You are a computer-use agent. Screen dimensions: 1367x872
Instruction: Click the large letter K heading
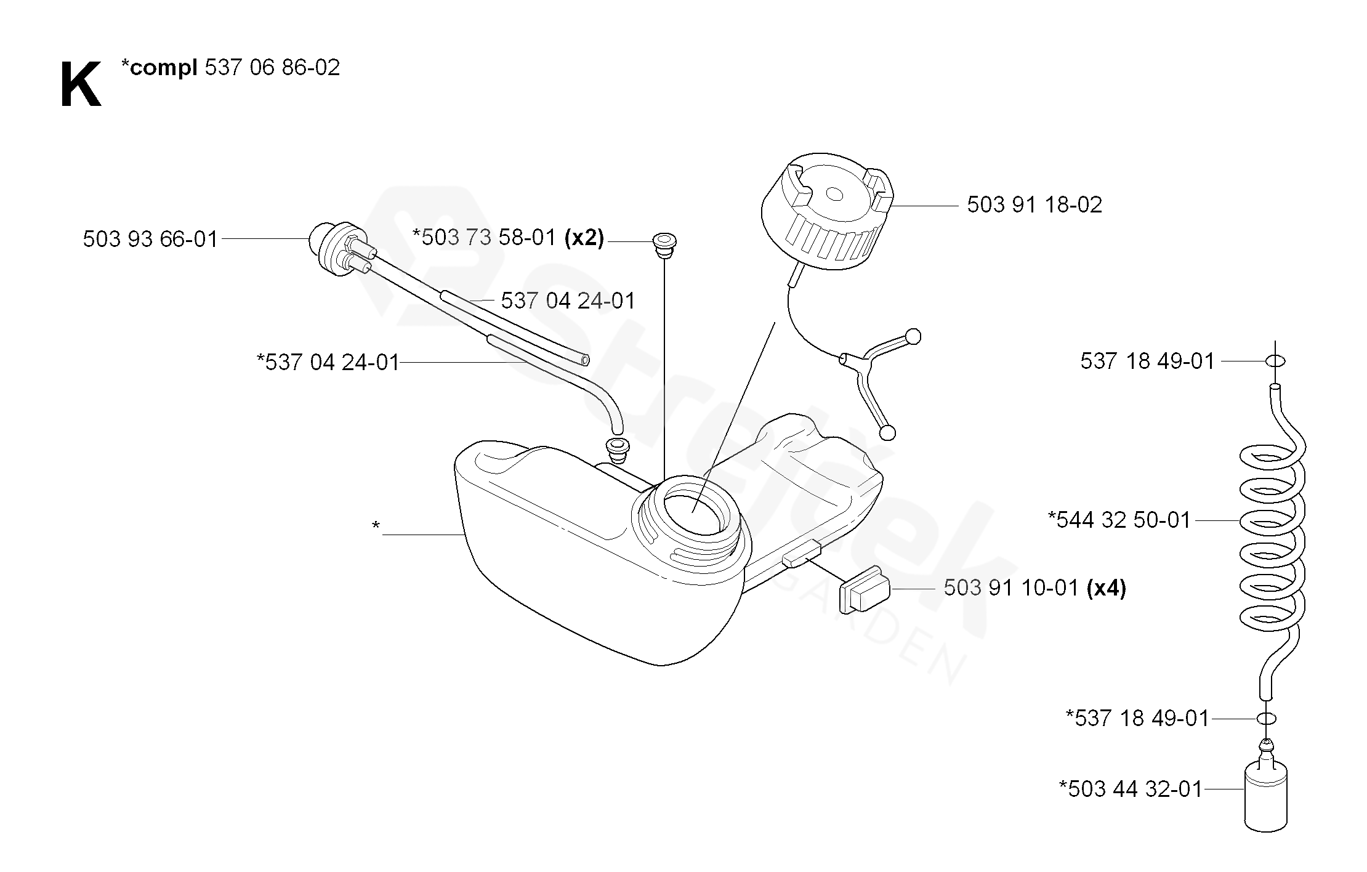[x=81, y=86]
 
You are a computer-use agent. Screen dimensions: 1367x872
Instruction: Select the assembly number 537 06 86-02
[x=272, y=68]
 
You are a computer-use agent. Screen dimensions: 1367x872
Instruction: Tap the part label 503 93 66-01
[x=150, y=239]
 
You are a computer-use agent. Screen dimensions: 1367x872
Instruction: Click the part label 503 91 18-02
[x=1034, y=205]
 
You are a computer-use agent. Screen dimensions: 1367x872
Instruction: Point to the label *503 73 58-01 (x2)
[x=508, y=238]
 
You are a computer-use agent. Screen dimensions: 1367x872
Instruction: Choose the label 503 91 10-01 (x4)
[x=1034, y=588]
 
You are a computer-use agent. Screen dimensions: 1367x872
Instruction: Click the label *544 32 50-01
[x=1119, y=520]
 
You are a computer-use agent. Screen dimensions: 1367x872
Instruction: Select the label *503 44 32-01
[x=1131, y=789]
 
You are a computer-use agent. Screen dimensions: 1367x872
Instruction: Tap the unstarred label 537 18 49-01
[x=1147, y=361]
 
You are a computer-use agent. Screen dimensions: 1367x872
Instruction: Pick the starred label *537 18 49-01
[x=1137, y=719]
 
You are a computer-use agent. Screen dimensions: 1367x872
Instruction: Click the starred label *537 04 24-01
[x=328, y=362]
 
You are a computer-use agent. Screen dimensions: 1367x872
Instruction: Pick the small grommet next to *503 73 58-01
[x=664, y=241]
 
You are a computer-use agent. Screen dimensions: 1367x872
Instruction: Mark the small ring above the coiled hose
[x=1275, y=361]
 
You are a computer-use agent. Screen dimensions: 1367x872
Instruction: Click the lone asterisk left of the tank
[x=376, y=525]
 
